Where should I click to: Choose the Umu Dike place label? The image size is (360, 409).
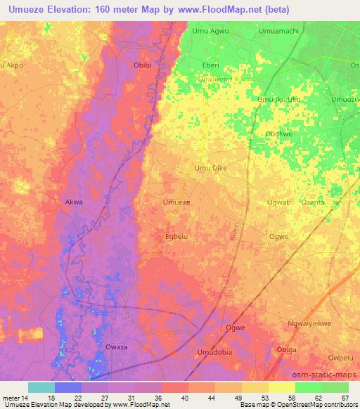[210, 168]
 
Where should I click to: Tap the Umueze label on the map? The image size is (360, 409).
[176, 202]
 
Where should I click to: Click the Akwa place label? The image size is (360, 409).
[74, 202]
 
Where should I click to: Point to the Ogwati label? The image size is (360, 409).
[278, 202]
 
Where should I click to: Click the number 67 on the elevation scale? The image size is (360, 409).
[344, 379]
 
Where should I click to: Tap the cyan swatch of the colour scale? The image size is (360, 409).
[41, 388]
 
